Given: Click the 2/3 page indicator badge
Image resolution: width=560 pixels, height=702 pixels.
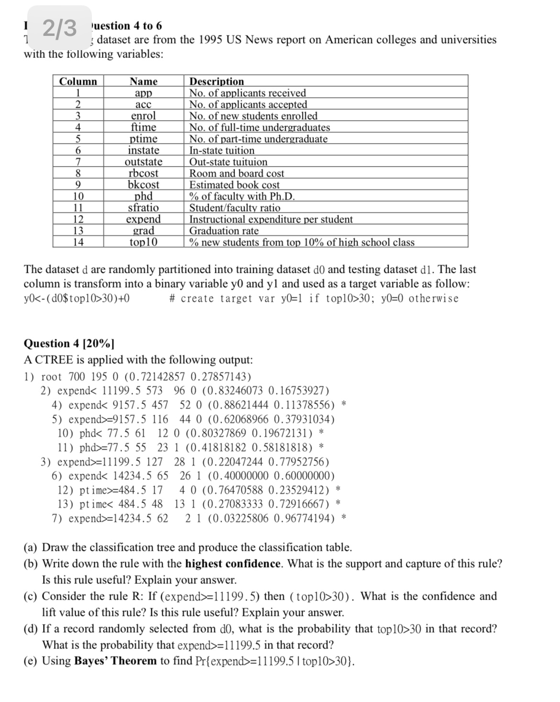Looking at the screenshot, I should click(x=59, y=28).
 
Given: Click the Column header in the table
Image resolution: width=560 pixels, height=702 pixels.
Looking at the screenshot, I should click(x=78, y=81).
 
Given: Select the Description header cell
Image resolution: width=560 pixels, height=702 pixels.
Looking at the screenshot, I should click(x=217, y=81).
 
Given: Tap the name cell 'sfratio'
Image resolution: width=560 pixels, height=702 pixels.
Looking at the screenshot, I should click(x=144, y=208).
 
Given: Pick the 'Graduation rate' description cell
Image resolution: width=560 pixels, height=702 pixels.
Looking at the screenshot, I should click(x=224, y=231).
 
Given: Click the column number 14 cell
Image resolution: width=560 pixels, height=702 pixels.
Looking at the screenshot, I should click(x=78, y=242).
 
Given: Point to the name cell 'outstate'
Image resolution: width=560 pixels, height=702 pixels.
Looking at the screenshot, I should click(x=144, y=162).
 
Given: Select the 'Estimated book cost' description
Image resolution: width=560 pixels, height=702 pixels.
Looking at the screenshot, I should click(x=235, y=185).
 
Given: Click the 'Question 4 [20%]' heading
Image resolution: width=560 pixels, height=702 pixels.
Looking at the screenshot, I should click(x=69, y=344).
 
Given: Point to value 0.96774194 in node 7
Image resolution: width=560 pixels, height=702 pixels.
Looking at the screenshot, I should click(x=304, y=518).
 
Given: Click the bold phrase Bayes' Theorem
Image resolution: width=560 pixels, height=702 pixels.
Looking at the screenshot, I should click(x=115, y=661).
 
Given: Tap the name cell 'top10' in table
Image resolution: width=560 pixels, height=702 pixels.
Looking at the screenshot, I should click(x=144, y=242).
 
